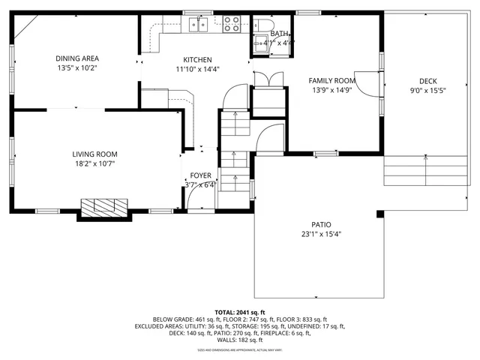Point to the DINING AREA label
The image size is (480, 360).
(x=77, y=58)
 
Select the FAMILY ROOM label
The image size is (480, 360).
(x=331, y=80)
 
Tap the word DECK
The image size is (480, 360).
(x=427, y=81)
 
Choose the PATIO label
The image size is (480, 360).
(x=322, y=224)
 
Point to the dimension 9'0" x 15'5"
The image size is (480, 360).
(x=427, y=90)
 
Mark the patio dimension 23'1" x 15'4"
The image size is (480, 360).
(x=322, y=233)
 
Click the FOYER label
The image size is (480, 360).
(x=199, y=175)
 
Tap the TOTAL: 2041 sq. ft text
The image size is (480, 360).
(x=240, y=311)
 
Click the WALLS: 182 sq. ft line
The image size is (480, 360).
(x=240, y=340)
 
